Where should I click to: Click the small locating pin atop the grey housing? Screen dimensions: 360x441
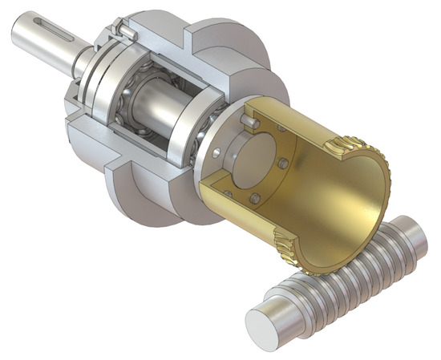coord(123,30)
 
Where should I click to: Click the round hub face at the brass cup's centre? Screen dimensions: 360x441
coord(245,157)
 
